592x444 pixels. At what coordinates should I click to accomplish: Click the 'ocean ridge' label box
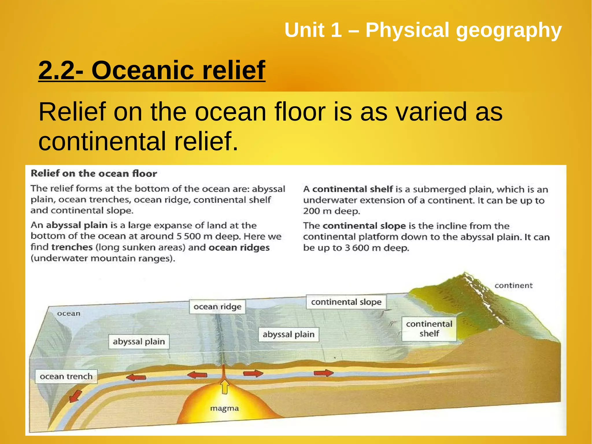click(x=217, y=307)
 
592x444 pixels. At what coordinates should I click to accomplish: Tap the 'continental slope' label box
click(x=346, y=302)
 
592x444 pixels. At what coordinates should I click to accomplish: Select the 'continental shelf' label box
click(x=429, y=329)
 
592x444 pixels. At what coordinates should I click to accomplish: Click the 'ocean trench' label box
click(x=66, y=376)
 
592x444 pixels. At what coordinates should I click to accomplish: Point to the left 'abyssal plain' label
click(x=139, y=342)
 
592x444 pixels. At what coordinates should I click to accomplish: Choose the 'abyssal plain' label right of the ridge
click(x=288, y=334)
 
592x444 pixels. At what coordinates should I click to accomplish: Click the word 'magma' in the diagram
click(x=224, y=408)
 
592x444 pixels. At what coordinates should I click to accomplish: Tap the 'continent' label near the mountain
click(x=513, y=285)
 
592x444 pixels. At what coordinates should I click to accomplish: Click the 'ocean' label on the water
click(x=69, y=314)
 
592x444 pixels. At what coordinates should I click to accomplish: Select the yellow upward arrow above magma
click(x=225, y=386)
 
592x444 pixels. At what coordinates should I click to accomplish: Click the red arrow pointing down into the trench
click(x=75, y=396)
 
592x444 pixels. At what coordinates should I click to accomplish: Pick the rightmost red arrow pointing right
click(x=323, y=373)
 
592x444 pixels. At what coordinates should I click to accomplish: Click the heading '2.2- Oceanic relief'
click(x=152, y=70)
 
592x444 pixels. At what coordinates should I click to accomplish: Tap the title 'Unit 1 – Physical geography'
click(x=423, y=30)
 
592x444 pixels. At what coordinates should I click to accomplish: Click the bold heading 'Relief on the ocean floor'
click(x=94, y=174)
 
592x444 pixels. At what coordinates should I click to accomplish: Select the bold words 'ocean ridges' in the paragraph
click(x=239, y=248)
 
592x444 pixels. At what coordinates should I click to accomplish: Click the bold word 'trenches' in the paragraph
click(x=72, y=247)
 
